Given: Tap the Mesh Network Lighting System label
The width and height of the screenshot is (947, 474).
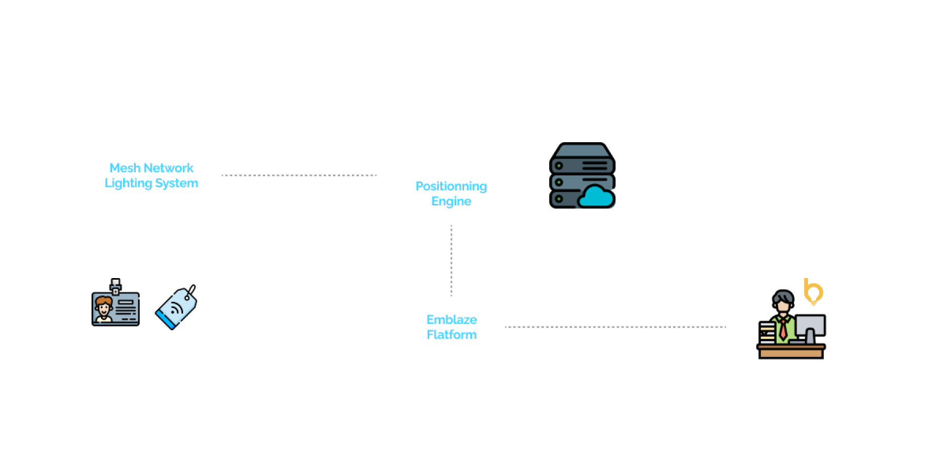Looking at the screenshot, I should pos(152,175).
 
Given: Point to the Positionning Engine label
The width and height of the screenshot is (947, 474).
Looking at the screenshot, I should pos(451,193).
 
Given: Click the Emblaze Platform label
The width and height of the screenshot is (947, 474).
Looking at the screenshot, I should pos(451,327).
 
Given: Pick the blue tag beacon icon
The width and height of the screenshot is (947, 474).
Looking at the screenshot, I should pos(177,308).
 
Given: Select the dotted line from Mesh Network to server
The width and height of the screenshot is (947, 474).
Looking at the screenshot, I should pos(299,175).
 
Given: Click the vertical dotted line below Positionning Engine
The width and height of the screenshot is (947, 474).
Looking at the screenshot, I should pos(451,261).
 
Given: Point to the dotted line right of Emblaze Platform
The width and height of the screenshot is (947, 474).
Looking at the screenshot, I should pos(616,327).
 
